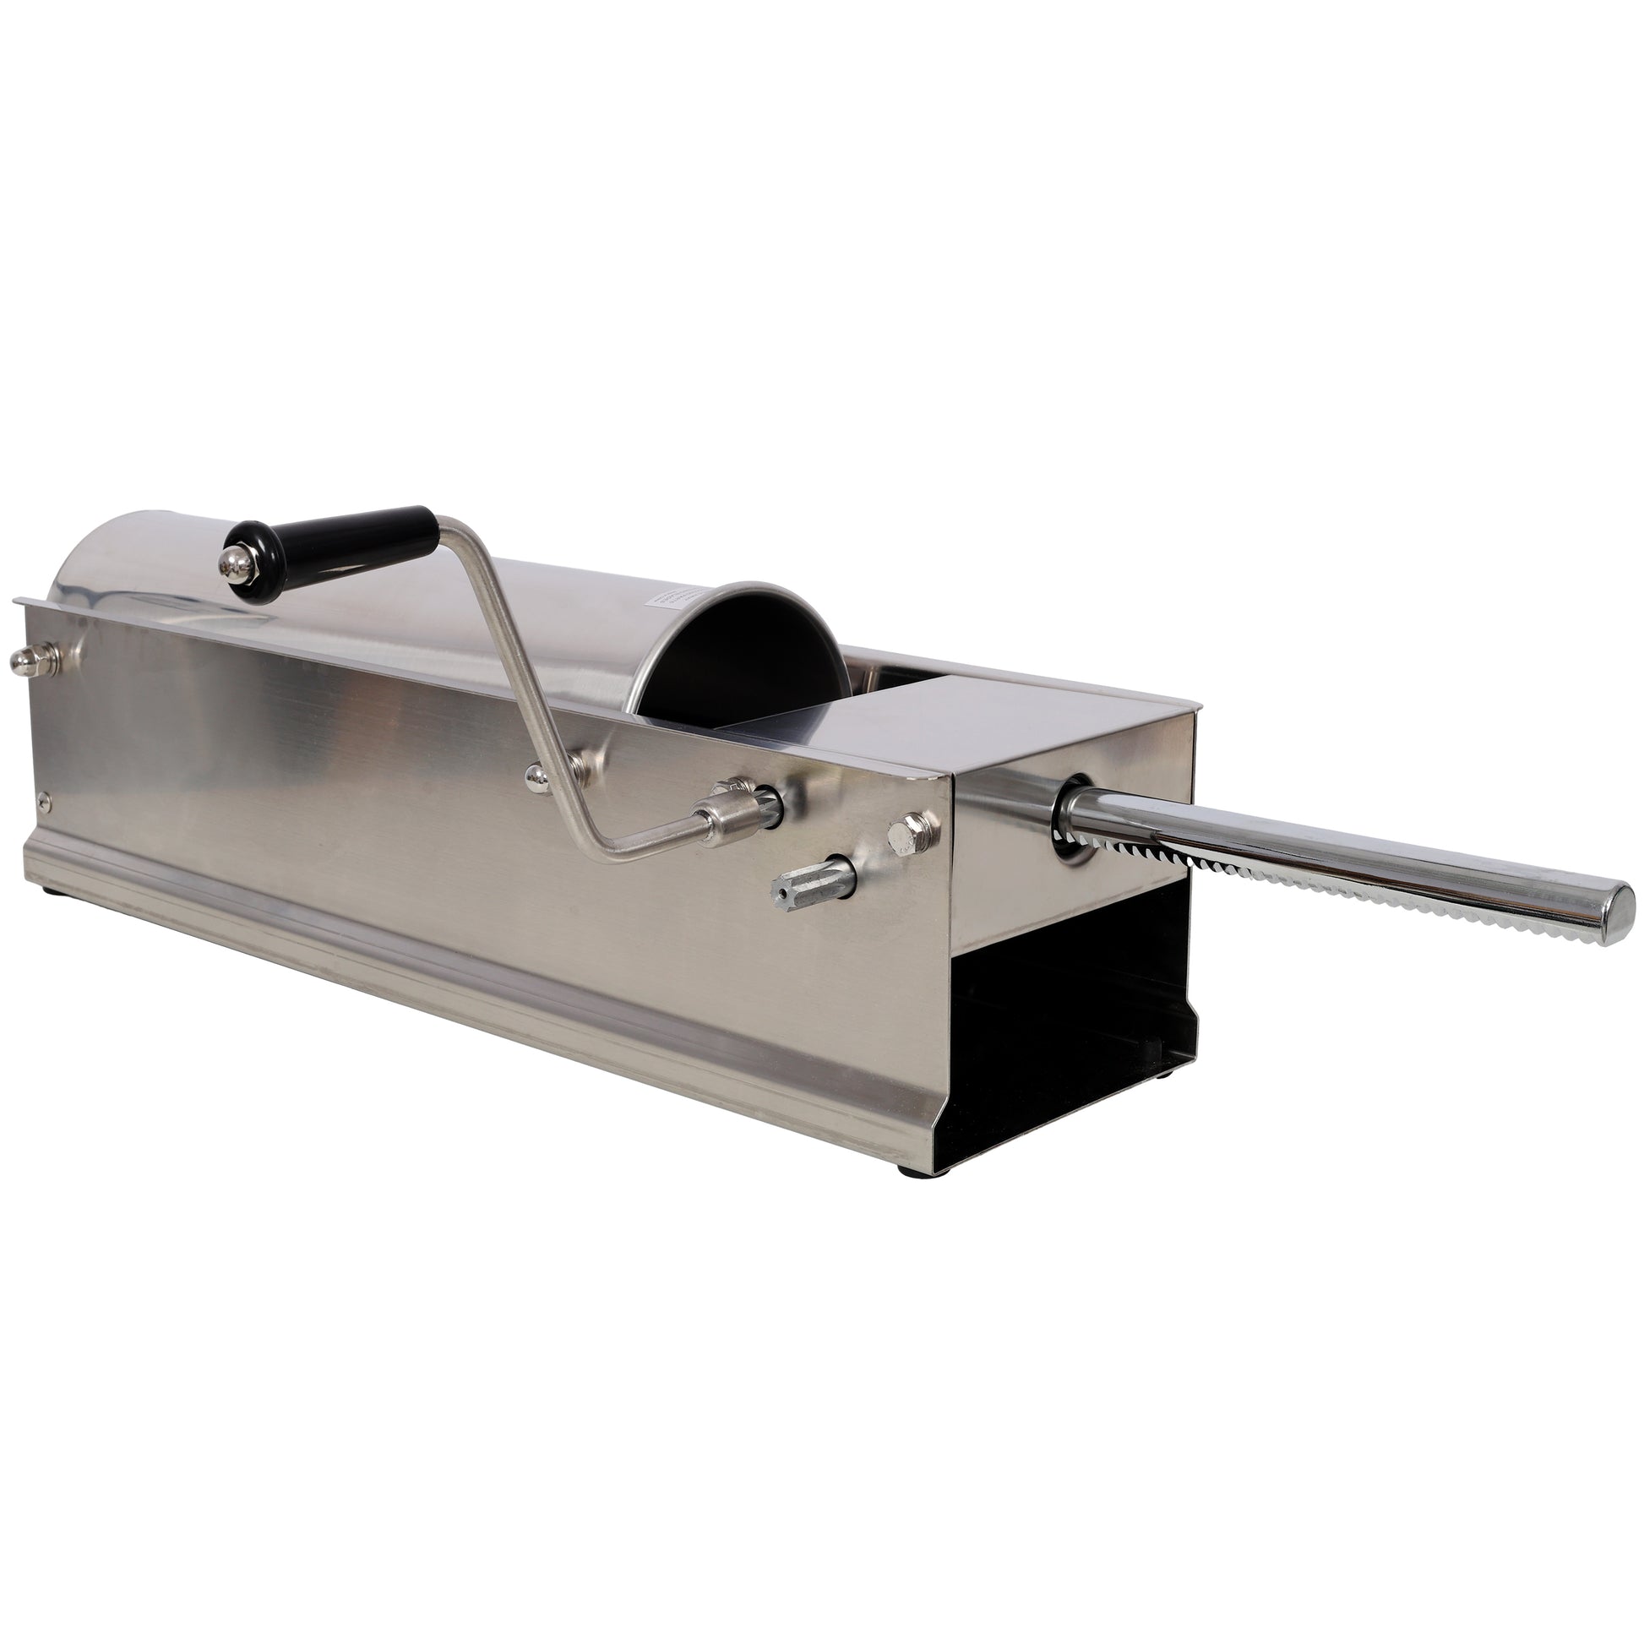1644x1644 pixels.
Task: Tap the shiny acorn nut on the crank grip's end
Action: (231, 562)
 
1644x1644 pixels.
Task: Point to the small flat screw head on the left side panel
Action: (45, 799)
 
